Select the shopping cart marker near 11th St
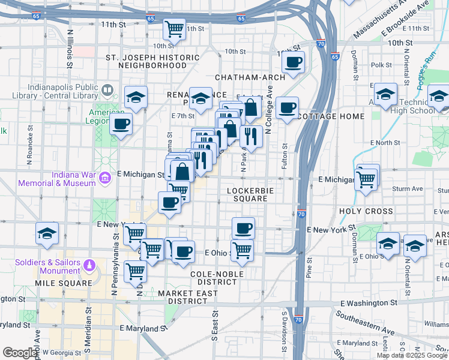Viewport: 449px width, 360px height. click(174, 28)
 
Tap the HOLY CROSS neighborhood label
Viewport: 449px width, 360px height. click(366, 211)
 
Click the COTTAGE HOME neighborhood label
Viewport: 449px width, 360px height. click(331, 116)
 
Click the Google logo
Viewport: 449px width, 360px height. click(20, 353)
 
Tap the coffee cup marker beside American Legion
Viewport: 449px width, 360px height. click(121, 124)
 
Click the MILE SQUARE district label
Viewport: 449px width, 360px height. click(63, 283)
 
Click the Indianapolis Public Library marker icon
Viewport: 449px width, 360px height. click(107, 90)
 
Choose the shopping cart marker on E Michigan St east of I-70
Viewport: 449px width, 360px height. click(366, 178)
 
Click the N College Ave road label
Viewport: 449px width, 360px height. click(270, 108)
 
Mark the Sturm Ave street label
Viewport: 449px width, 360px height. click(407, 188)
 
